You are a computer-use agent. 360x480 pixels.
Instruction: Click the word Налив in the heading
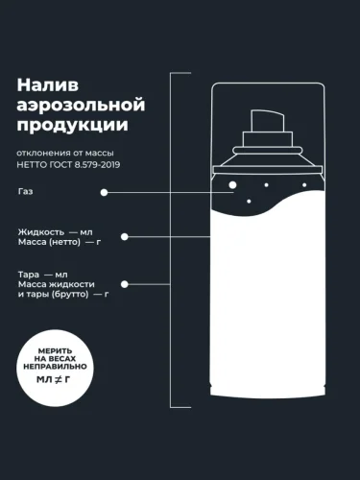point(48,85)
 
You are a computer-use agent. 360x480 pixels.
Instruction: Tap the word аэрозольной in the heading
point(81,105)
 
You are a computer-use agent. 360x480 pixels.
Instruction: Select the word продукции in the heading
point(73,125)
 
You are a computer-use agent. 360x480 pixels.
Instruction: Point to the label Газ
point(26,191)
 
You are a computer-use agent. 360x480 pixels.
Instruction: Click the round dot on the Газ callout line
point(104,193)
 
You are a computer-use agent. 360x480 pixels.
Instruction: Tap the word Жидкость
point(41,232)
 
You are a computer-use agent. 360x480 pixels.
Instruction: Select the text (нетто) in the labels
point(65,242)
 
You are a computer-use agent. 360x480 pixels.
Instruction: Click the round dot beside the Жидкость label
point(125,237)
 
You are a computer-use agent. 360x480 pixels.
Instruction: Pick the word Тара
point(29,275)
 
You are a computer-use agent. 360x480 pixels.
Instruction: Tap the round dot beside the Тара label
point(125,284)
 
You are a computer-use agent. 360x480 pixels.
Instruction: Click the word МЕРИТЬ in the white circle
point(55,351)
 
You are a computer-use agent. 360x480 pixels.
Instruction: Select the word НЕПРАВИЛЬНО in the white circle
point(55,367)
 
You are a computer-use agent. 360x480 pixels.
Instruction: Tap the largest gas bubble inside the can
point(232,185)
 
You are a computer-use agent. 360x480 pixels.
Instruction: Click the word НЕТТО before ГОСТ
point(30,165)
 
